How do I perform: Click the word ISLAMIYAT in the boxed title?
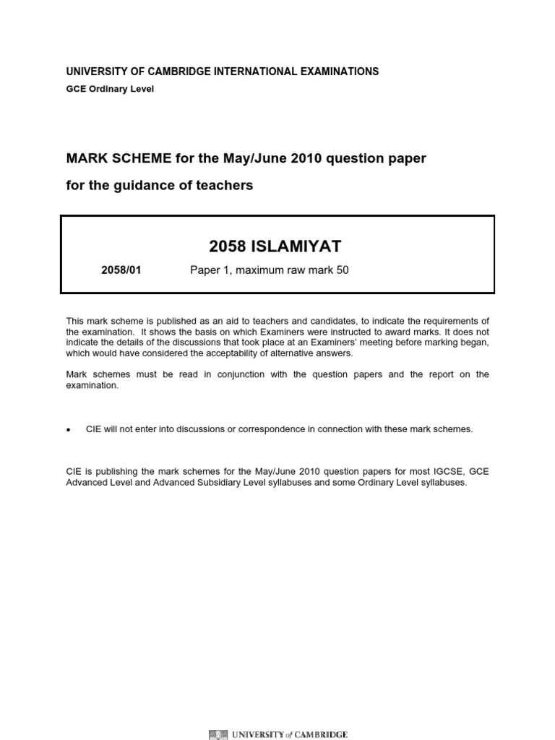pyautogui.click(x=296, y=247)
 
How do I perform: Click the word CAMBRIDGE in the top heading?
pyautogui.click(x=183, y=72)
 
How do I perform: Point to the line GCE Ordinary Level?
pyautogui.click(x=110, y=89)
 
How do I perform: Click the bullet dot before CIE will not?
pyautogui.click(x=69, y=430)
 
